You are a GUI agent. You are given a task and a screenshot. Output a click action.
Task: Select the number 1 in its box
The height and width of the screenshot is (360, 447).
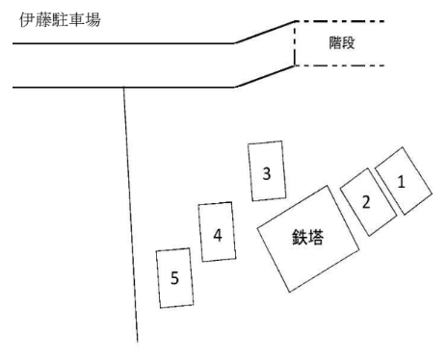(x=402, y=179)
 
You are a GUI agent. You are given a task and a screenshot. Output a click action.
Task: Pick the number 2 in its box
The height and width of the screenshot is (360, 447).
(x=365, y=201)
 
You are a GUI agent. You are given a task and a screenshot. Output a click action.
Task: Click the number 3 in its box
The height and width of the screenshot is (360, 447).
(x=267, y=173)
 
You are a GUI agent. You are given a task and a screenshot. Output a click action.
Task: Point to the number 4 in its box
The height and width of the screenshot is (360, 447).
(x=218, y=234)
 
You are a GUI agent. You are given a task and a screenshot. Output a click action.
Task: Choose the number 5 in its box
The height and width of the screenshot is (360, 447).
(x=174, y=278)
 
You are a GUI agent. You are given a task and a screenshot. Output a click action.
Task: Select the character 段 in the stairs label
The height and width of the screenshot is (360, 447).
(x=352, y=43)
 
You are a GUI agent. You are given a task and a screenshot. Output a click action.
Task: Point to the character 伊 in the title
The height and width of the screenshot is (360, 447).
(x=13, y=18)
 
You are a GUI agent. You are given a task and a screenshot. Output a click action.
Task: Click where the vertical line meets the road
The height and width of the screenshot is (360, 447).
(x=124, y=88)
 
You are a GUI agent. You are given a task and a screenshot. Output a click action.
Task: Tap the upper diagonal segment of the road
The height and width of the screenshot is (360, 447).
(x=264, y=32)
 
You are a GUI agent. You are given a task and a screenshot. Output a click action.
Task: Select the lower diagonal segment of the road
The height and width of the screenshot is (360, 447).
(x=264, y=77)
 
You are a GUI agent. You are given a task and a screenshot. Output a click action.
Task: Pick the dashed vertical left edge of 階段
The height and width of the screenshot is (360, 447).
(x=294, y=43)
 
